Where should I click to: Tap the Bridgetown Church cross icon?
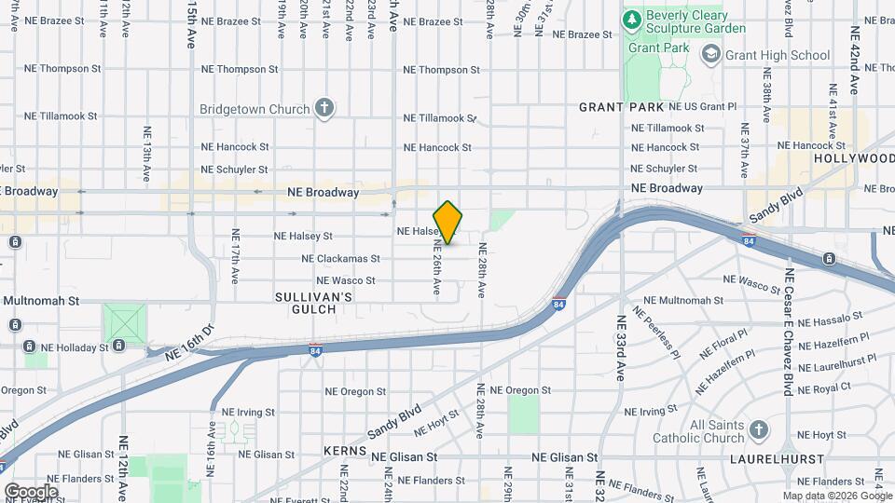324,109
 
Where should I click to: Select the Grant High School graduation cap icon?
711,55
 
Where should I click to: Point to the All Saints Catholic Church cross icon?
759,429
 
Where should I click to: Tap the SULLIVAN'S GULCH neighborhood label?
313,303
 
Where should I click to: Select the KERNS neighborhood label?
344,451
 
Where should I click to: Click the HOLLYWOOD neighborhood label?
852,158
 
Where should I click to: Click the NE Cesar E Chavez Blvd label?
789,332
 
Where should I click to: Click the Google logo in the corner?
31,491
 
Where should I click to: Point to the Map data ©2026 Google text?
836,496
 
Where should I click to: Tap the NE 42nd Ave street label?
854,50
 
